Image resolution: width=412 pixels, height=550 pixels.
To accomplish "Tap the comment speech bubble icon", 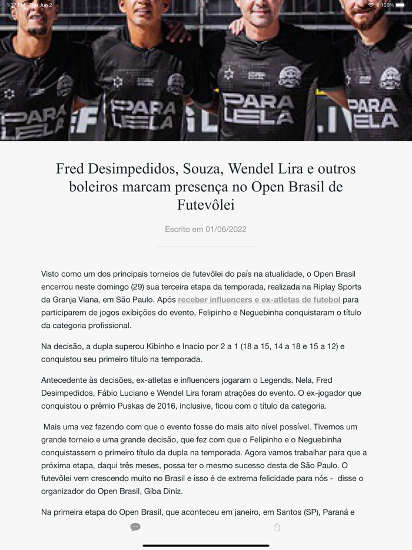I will tap(135, 527).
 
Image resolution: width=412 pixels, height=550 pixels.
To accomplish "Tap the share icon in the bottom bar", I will tap(277, 527).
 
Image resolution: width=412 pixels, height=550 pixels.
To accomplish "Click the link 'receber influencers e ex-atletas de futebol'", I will tap(260, 300).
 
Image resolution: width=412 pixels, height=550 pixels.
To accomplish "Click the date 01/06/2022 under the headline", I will tap(226, 230).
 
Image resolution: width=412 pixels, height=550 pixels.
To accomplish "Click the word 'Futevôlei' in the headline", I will tap(206, 205).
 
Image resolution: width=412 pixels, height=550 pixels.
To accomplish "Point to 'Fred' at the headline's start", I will tap(69, 169).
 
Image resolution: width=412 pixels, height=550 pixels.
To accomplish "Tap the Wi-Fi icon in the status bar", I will tap(371, 5).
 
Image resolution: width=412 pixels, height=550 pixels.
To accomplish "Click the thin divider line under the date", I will tap(206, 247).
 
